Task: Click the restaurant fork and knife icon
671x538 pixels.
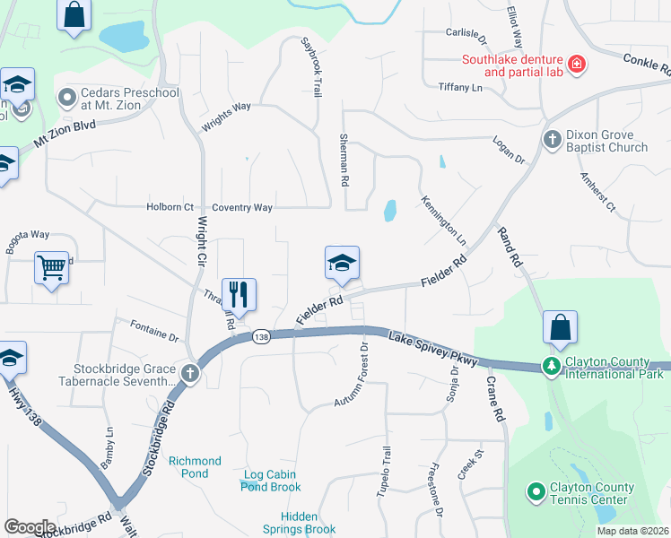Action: coord(239,294)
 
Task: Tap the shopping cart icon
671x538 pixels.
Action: coord(51,266)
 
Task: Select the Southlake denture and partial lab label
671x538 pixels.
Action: coord(511,66)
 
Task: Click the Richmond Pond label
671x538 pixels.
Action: coord(195,467)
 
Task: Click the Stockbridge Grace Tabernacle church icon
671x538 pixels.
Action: coord(189,374)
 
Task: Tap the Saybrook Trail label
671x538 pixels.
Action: coord(311,66)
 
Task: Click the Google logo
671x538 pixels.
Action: coord(30,526)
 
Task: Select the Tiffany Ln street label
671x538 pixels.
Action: coord(460,87)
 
